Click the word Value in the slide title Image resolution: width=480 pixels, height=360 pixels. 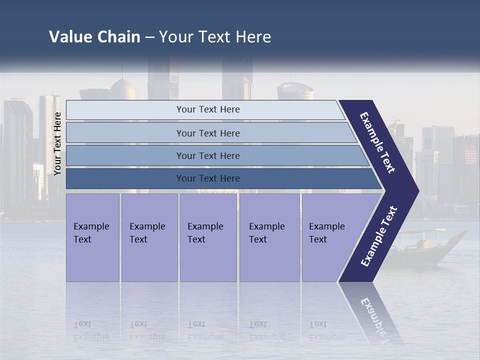click(x=69, y=37)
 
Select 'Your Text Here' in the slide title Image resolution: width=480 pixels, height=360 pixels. click(x=215, y=37)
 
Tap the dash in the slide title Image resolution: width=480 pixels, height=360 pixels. click(x=149, y=37)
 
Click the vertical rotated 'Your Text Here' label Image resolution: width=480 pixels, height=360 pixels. click(x=57, y=143)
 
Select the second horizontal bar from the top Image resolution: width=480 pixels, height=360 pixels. click(x=207, y=133)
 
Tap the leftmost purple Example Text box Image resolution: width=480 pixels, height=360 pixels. click(x=92, y=237)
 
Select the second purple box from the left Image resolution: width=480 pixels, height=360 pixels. click(x=149, y=237)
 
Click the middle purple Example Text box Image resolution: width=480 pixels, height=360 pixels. click(x=208, y=237)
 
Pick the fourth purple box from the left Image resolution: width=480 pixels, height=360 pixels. click(x=269, y=237)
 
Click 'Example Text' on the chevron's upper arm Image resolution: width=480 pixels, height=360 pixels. click(x=377, y=142)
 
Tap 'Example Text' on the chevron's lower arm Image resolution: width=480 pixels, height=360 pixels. click(x=379, y=236)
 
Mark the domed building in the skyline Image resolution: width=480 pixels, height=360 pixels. click(x=123, y=89)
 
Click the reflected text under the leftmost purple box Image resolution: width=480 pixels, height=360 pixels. click(x=91, y=330)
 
